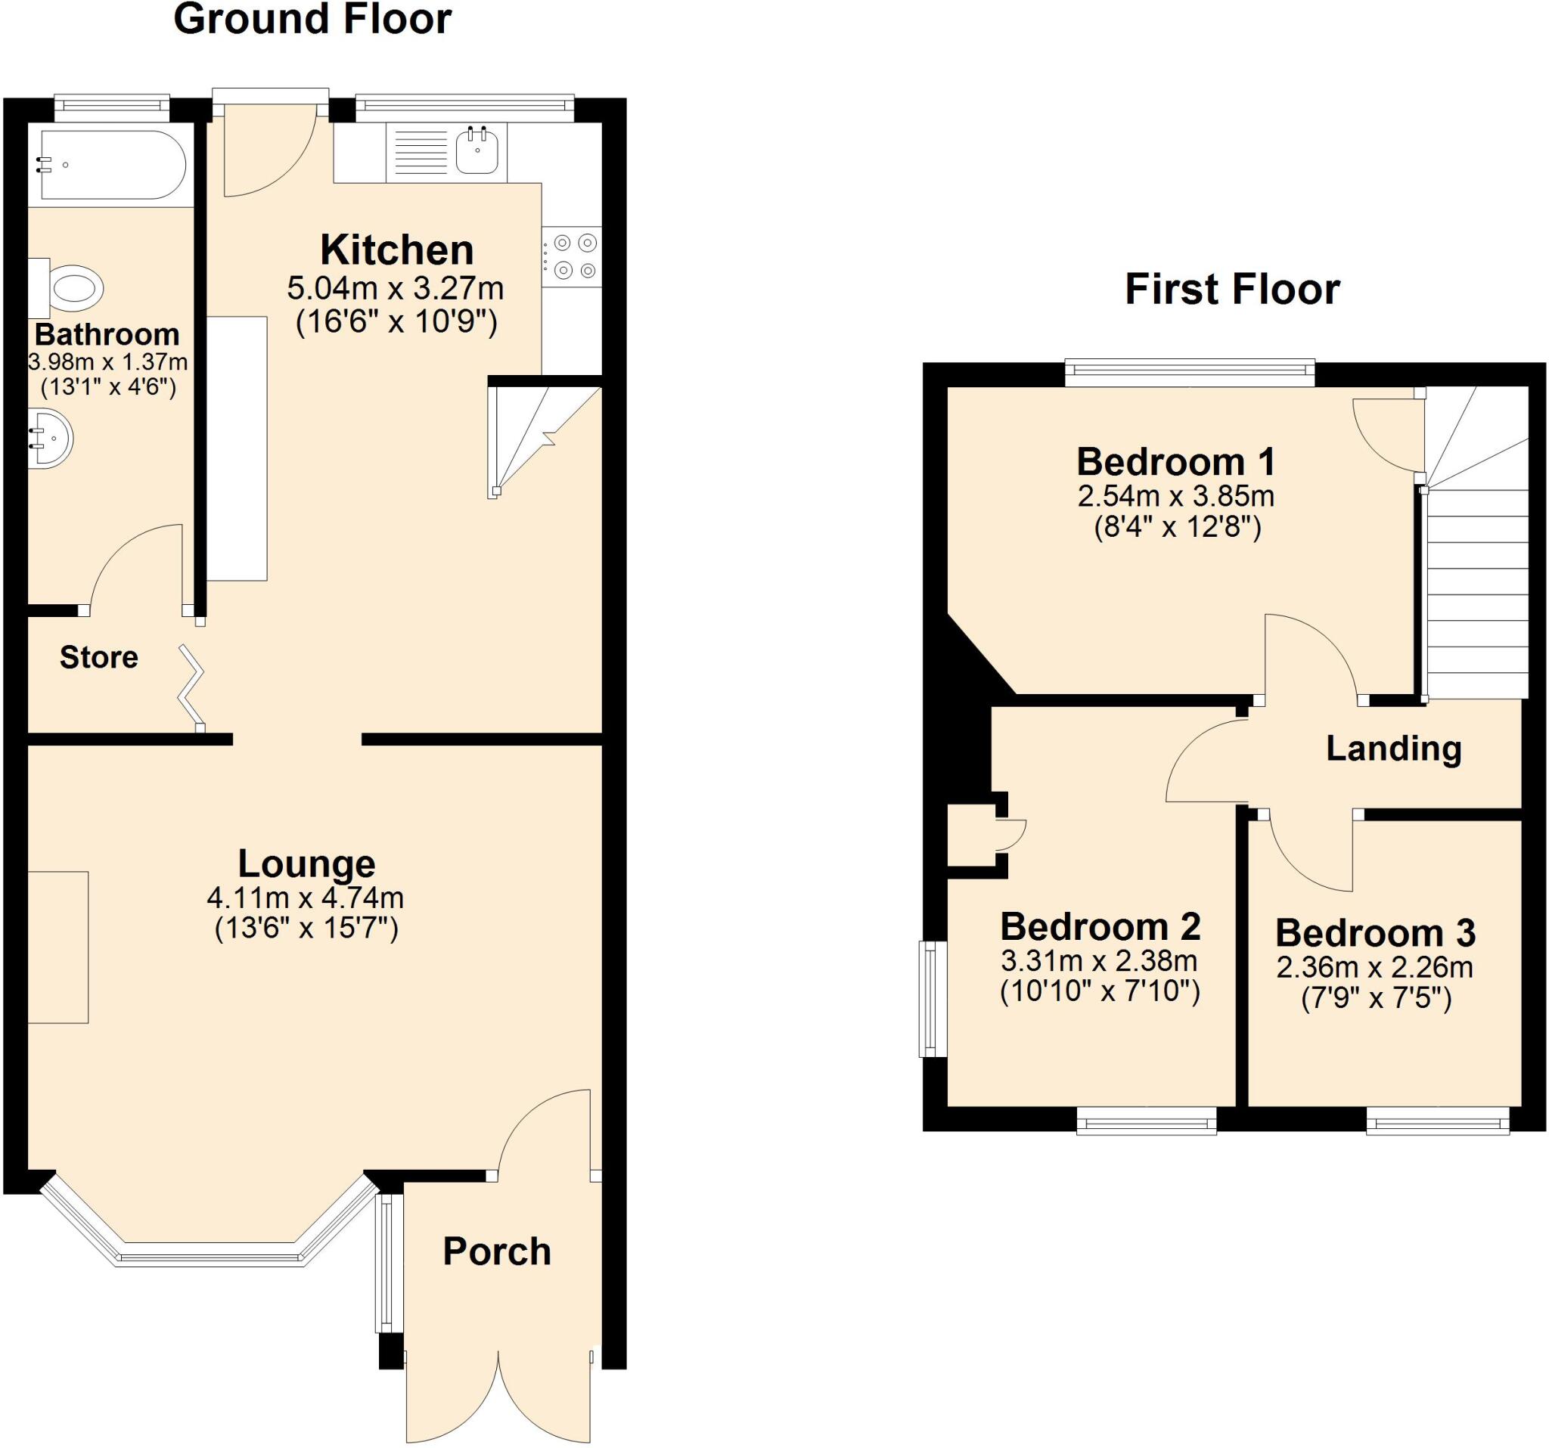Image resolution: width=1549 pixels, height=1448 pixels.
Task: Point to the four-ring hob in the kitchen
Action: click(x=573, y=257)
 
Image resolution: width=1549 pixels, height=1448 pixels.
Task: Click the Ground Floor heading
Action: click(x=312, y=20)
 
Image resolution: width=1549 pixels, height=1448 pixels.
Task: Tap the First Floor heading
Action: click(x=1232, y=290)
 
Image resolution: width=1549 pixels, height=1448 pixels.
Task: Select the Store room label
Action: click(x=99, y=657)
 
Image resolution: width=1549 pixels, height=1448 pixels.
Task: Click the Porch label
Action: click(x=496, y=1251)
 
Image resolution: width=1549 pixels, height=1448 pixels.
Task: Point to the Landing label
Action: click(x=1393, y=749)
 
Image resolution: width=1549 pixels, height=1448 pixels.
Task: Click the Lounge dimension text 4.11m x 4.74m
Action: click(x=305, y=898)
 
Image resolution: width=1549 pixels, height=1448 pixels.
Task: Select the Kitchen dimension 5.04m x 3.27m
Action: click(x=395, y=289)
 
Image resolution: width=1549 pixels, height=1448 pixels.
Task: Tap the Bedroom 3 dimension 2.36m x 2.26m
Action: click(x=1374, y=967)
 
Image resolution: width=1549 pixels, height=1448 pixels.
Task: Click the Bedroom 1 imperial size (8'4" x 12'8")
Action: click(x=1177, y=528)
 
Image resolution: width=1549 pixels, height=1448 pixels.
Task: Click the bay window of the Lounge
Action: click(x=209, y=1256)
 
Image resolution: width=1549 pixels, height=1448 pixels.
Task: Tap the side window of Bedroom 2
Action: click(x=928, y=999)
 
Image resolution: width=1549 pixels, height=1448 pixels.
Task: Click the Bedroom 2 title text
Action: click(x=1100, y=927)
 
